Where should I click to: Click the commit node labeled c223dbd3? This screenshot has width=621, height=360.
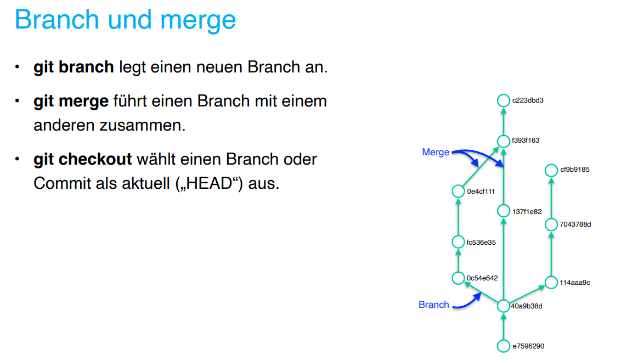point(504,100)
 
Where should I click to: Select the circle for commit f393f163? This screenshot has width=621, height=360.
point(504,140)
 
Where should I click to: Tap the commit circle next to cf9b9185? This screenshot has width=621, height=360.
point(551,170)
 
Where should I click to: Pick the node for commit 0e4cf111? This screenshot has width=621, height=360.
point(459,192)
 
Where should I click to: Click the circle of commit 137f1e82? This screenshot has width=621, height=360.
point(504,211)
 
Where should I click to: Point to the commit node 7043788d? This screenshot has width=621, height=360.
point(551,224)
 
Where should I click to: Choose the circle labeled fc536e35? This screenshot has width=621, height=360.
point(459,242)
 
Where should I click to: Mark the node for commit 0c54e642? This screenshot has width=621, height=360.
point(459,278)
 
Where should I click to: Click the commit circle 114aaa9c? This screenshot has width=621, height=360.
point(551,283)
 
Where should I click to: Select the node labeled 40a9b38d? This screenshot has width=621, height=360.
point(504,306)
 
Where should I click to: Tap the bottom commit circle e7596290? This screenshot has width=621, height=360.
point(504,346)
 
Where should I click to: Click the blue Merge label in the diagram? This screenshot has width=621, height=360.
point(436,153)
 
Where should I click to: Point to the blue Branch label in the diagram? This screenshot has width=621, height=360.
point(433,305)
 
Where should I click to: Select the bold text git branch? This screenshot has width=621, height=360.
point(74,67)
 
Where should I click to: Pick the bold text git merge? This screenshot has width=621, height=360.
point(71,102)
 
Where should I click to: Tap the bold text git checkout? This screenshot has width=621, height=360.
point(83,160)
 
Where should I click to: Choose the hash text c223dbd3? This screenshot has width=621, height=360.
point(527,100)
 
